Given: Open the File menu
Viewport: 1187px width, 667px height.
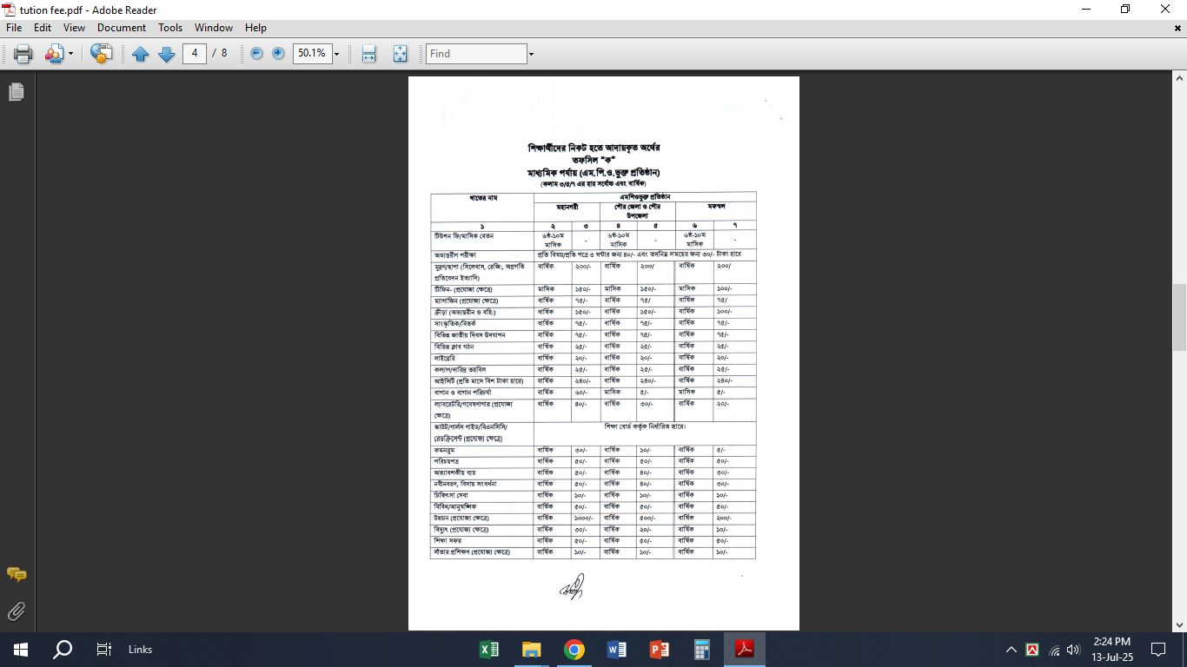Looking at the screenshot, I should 14,28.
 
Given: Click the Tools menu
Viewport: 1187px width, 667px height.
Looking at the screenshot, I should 170,28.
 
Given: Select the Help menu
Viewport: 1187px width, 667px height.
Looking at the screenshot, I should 255,28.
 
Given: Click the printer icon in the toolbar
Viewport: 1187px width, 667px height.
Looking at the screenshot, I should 23,54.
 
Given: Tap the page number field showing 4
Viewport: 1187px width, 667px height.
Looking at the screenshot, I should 195,53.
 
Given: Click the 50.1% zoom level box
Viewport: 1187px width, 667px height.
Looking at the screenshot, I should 311,53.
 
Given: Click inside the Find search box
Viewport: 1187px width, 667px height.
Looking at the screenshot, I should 476,54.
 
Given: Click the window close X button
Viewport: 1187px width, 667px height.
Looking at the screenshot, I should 1165,10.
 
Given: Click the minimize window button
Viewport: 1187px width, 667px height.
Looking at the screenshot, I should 1085,10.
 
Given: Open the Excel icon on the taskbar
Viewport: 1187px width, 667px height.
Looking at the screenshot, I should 489,649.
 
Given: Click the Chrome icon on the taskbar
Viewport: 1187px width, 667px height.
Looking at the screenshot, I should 574,649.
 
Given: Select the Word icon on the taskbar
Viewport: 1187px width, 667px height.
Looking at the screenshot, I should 617,649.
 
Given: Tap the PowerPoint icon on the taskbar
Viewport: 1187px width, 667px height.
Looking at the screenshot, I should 660,649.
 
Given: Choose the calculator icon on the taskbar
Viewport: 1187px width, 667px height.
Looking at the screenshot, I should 702,649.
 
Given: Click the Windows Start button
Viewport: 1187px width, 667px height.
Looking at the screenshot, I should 21,649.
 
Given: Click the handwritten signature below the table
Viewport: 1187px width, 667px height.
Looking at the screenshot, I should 571,588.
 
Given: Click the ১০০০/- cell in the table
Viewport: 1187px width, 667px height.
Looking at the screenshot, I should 583,518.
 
